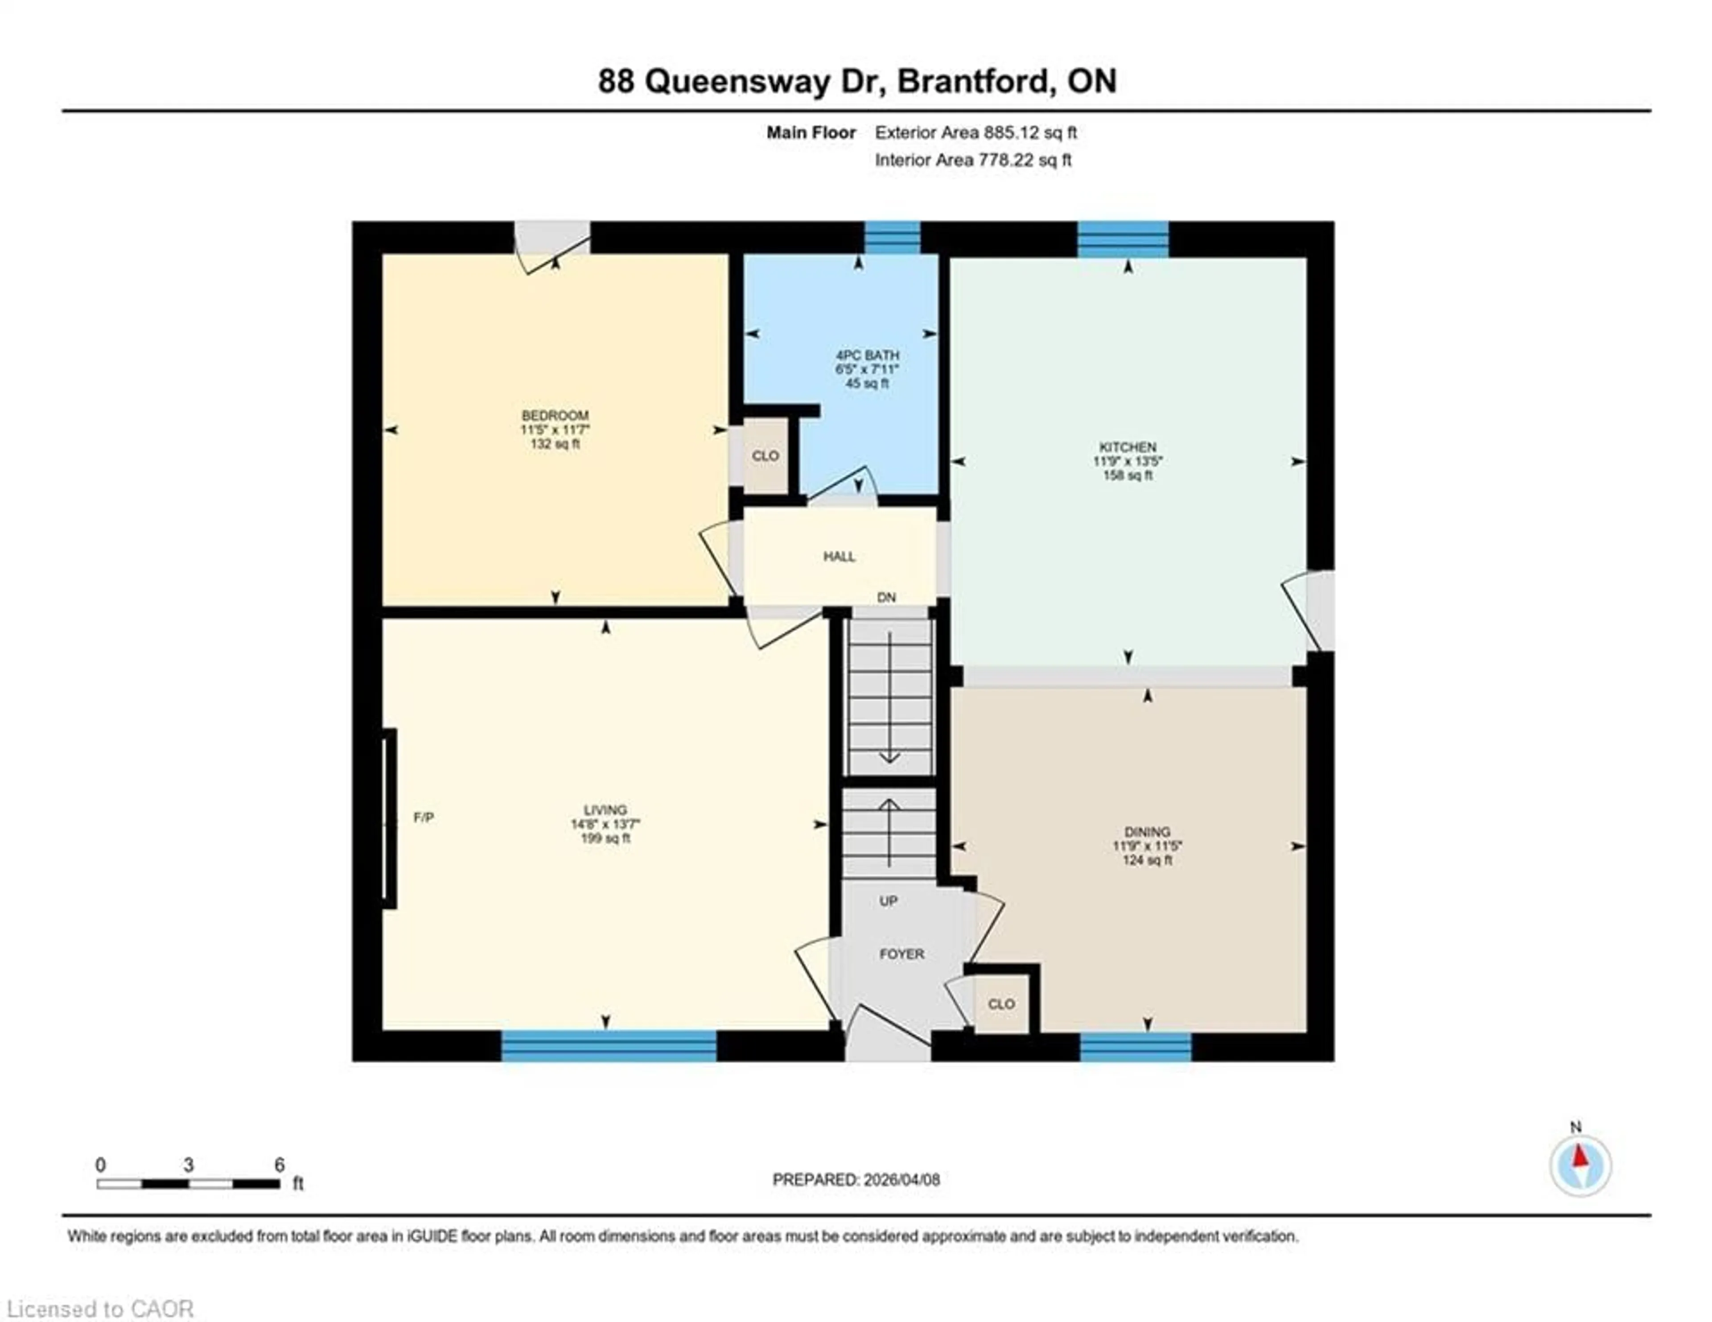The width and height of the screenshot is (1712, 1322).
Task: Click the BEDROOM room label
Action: click(x=555, y=416)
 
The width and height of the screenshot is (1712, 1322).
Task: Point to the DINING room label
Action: click(x=1147, y=832)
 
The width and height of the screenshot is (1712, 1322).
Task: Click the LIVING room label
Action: click(x=605, y=810)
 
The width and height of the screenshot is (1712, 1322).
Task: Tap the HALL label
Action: click(x=839, y=557)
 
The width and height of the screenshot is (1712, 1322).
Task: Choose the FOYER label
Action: click(x=901, y=954)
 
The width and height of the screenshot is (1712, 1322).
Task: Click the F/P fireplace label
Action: click(x=423, y=818)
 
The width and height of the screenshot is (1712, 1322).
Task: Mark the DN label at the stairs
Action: click(x=886, y=598)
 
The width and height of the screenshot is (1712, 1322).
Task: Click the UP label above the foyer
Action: click(x=888, y=901)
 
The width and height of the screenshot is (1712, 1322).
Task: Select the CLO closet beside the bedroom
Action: click(x=765, y=455)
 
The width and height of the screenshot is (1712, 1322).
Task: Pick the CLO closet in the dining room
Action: click(x=1001, y=1004)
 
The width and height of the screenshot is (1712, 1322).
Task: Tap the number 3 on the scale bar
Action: click(x=188, y=1165)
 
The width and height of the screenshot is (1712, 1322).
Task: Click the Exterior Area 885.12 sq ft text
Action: click(x=975, y=132)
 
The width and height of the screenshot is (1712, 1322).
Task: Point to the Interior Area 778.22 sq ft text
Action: click(x=973, y=160)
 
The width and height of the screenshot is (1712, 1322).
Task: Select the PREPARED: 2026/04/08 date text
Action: click(x=856, y=1179)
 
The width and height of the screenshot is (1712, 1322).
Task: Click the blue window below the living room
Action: click(x=608, y=1046)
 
